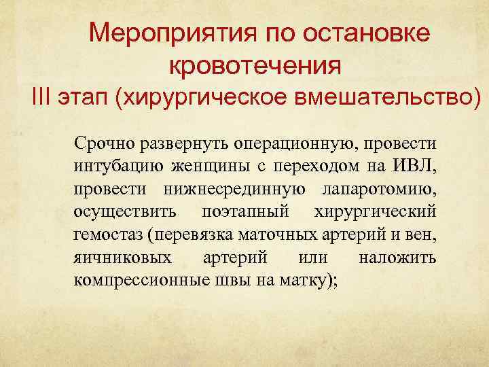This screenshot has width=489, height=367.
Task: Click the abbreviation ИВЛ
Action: coord(416,166)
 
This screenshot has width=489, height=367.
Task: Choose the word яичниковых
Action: coord(122,258)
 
